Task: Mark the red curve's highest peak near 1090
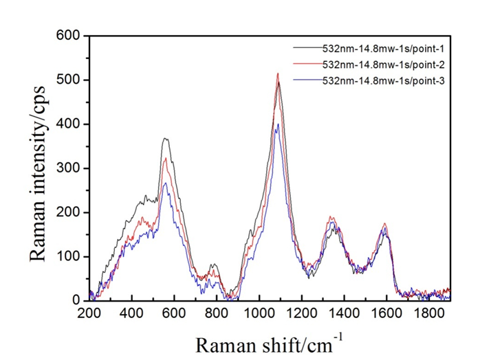(x=278, y=74)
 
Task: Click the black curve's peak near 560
(x=165, y=139)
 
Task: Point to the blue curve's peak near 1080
(x=276, y=124)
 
